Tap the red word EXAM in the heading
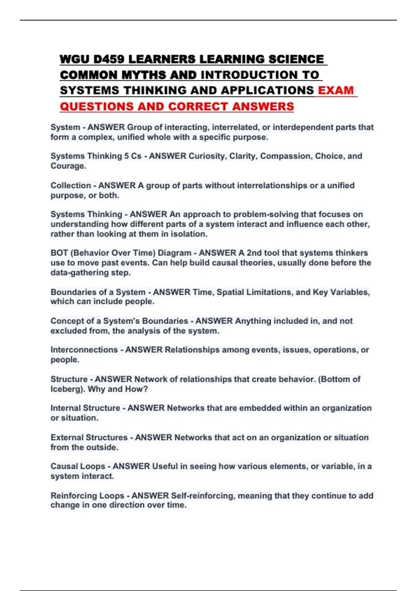[x=336, y=90]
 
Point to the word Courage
[x=67, y=166]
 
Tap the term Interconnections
[x=84, y=350]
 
